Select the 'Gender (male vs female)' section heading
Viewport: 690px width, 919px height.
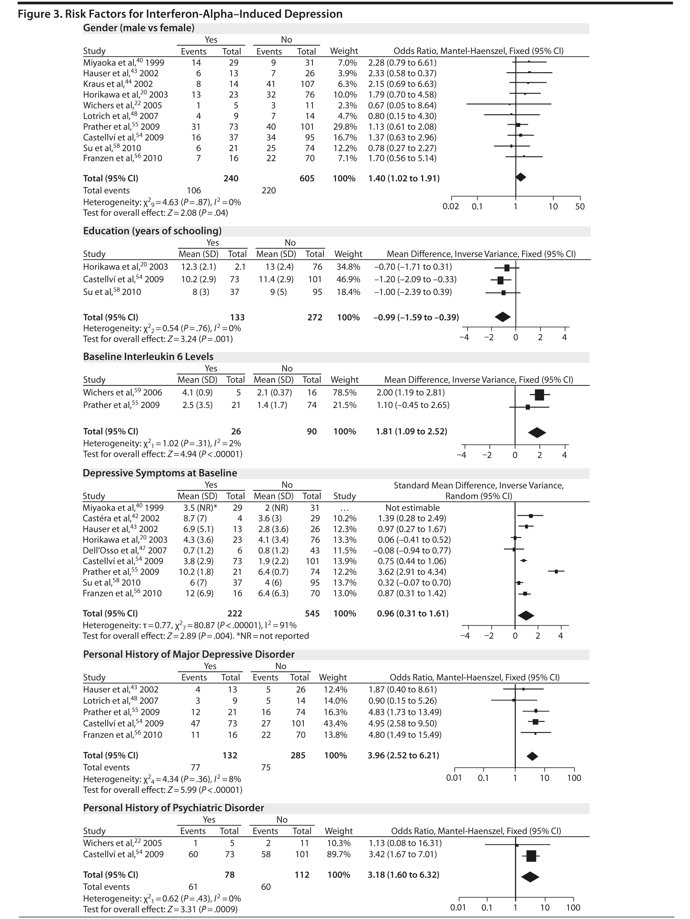click(139, 28)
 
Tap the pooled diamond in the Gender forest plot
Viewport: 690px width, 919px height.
click(521, 178)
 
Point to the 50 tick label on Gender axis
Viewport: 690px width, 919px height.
click(580, 206)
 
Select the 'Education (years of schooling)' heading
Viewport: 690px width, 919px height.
click(152, 231)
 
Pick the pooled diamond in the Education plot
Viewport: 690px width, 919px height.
click(503, 317)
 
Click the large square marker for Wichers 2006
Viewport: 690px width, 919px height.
click(539, 395)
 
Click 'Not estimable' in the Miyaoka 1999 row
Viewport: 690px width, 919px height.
click(412, 508)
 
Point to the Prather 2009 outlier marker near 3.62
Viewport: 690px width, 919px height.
click(556, 572)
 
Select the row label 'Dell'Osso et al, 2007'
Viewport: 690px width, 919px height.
click(125, 551)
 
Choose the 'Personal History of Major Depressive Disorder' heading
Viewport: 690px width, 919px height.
click(189, 655)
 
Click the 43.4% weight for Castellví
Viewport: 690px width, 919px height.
click(335, 723)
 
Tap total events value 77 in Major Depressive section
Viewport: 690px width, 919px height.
click(195, 767)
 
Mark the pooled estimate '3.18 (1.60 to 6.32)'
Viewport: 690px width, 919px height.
click(403, 875)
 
